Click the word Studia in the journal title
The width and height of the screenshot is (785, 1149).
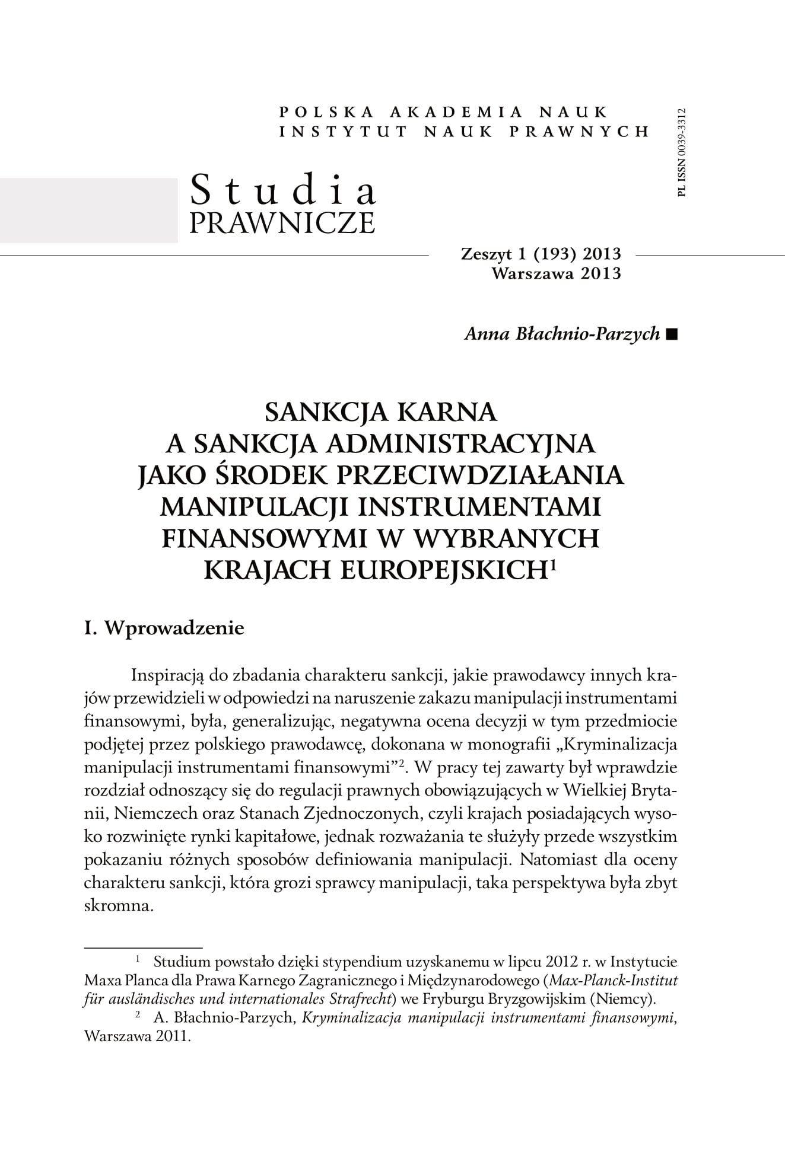(283, 190)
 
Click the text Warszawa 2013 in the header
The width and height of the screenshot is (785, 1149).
(556, 273)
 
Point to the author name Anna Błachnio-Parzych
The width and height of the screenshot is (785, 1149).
(562, 334)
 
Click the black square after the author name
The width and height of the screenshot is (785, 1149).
(671, 334)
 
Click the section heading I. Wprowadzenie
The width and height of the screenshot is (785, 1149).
(164, 628)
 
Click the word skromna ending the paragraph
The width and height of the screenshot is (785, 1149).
(119, 907)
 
